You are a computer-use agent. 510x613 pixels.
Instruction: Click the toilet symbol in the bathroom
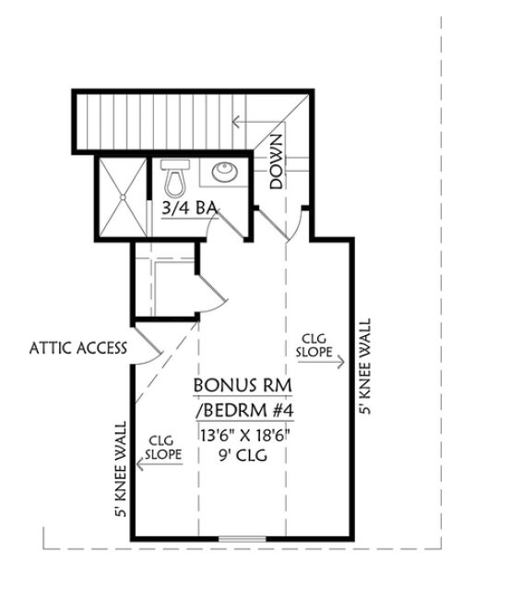pyautogui.click(x=172, y=174)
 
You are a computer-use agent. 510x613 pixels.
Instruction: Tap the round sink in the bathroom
pyautogui.click(x=224, y=172)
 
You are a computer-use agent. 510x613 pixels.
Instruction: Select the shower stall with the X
pyautogui.click(x=122, y=196)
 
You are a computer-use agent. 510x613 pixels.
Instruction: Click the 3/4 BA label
pyautogui.click(x=188, y=209)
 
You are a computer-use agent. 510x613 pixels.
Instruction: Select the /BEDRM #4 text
pyautogui.click(x=243, y=408)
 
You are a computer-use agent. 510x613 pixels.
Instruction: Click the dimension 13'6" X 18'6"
pyautogui.click(x=243, y=433)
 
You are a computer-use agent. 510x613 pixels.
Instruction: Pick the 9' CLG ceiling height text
pyautogui.click(x=243, y=454)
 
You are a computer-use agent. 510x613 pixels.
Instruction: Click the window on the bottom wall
pyautogui.click(x=243, y=537)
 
